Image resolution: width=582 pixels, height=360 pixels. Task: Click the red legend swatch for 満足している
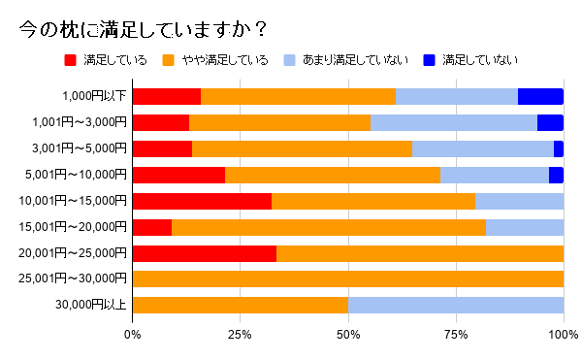[70, 60]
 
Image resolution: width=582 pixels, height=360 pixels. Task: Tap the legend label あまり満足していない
[355, 60]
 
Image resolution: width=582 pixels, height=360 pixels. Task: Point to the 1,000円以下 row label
[94, 96]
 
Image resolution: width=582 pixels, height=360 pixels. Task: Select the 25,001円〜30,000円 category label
[80, 279]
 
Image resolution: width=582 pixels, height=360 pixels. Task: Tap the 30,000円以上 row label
[93, 306]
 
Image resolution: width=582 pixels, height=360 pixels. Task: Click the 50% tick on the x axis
[348, 335]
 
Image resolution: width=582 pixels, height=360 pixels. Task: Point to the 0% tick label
[133, 335]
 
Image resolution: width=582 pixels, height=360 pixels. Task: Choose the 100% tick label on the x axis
[564, 335]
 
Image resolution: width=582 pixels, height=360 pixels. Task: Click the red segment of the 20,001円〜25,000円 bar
[204, 253]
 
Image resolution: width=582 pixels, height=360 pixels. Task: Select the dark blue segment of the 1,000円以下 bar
[540, 96]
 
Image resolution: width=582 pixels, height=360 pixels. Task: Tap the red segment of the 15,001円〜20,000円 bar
[151, 227]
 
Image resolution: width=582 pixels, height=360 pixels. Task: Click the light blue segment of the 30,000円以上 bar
[456, 306]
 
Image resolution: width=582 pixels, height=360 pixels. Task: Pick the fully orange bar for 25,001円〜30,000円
[348, 279]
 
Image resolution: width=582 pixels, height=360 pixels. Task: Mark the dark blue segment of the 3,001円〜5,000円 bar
[559, 148]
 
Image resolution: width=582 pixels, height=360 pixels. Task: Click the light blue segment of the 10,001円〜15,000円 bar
[519, 201]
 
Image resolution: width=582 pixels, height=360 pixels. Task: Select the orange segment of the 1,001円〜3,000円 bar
[279, 122]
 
